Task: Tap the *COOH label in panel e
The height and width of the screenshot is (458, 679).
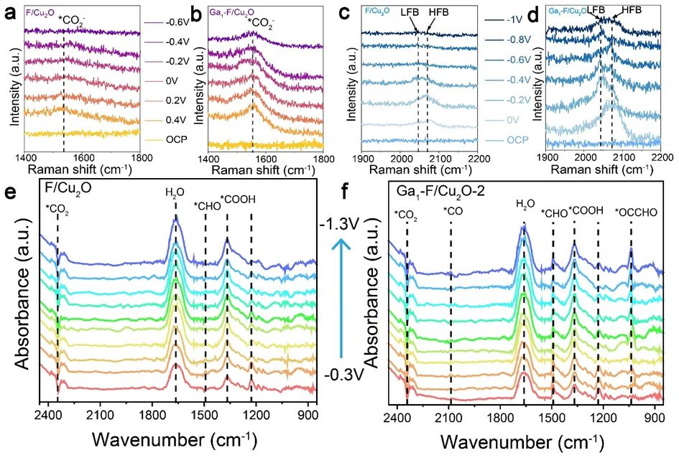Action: pyautogui.click(x=238, y=200)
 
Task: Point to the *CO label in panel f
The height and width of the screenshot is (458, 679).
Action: pyautogui.click(x=453, y=211)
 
